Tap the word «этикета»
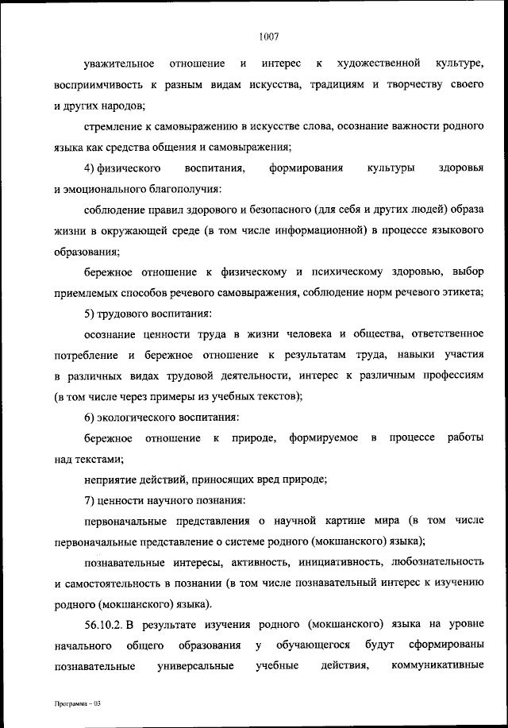pyautogui.click(x=460, y=294)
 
